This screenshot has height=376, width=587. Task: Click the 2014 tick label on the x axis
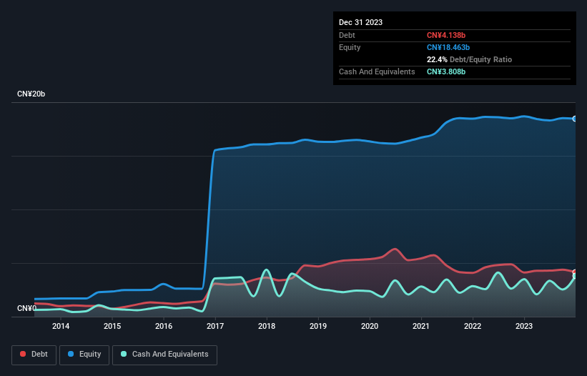click(x=61, y=327)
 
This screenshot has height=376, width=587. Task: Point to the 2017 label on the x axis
click(x=215, y=327)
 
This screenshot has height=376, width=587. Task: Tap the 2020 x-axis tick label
click(x=370, y=327)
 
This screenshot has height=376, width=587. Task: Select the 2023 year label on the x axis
click(x=524, y=327)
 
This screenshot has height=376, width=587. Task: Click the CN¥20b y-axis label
click(x=31, y=94)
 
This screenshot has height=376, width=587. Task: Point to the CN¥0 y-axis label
click(x=26, y=308)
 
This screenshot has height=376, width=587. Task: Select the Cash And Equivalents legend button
click(x=164, y=355)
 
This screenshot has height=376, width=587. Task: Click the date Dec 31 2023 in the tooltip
click(x=360, y=22)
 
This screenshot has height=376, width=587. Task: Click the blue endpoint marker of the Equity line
click(x=575, y=119)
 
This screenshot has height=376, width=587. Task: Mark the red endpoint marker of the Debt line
click(x=575, y=272)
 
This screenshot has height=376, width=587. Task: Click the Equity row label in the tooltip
click(x=350, y=47)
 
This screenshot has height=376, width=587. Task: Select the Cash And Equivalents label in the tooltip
click(x=377, y=72)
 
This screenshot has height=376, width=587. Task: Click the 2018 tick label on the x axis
click(x=267, y=327)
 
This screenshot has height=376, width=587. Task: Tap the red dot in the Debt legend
click(x=23, y=355)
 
